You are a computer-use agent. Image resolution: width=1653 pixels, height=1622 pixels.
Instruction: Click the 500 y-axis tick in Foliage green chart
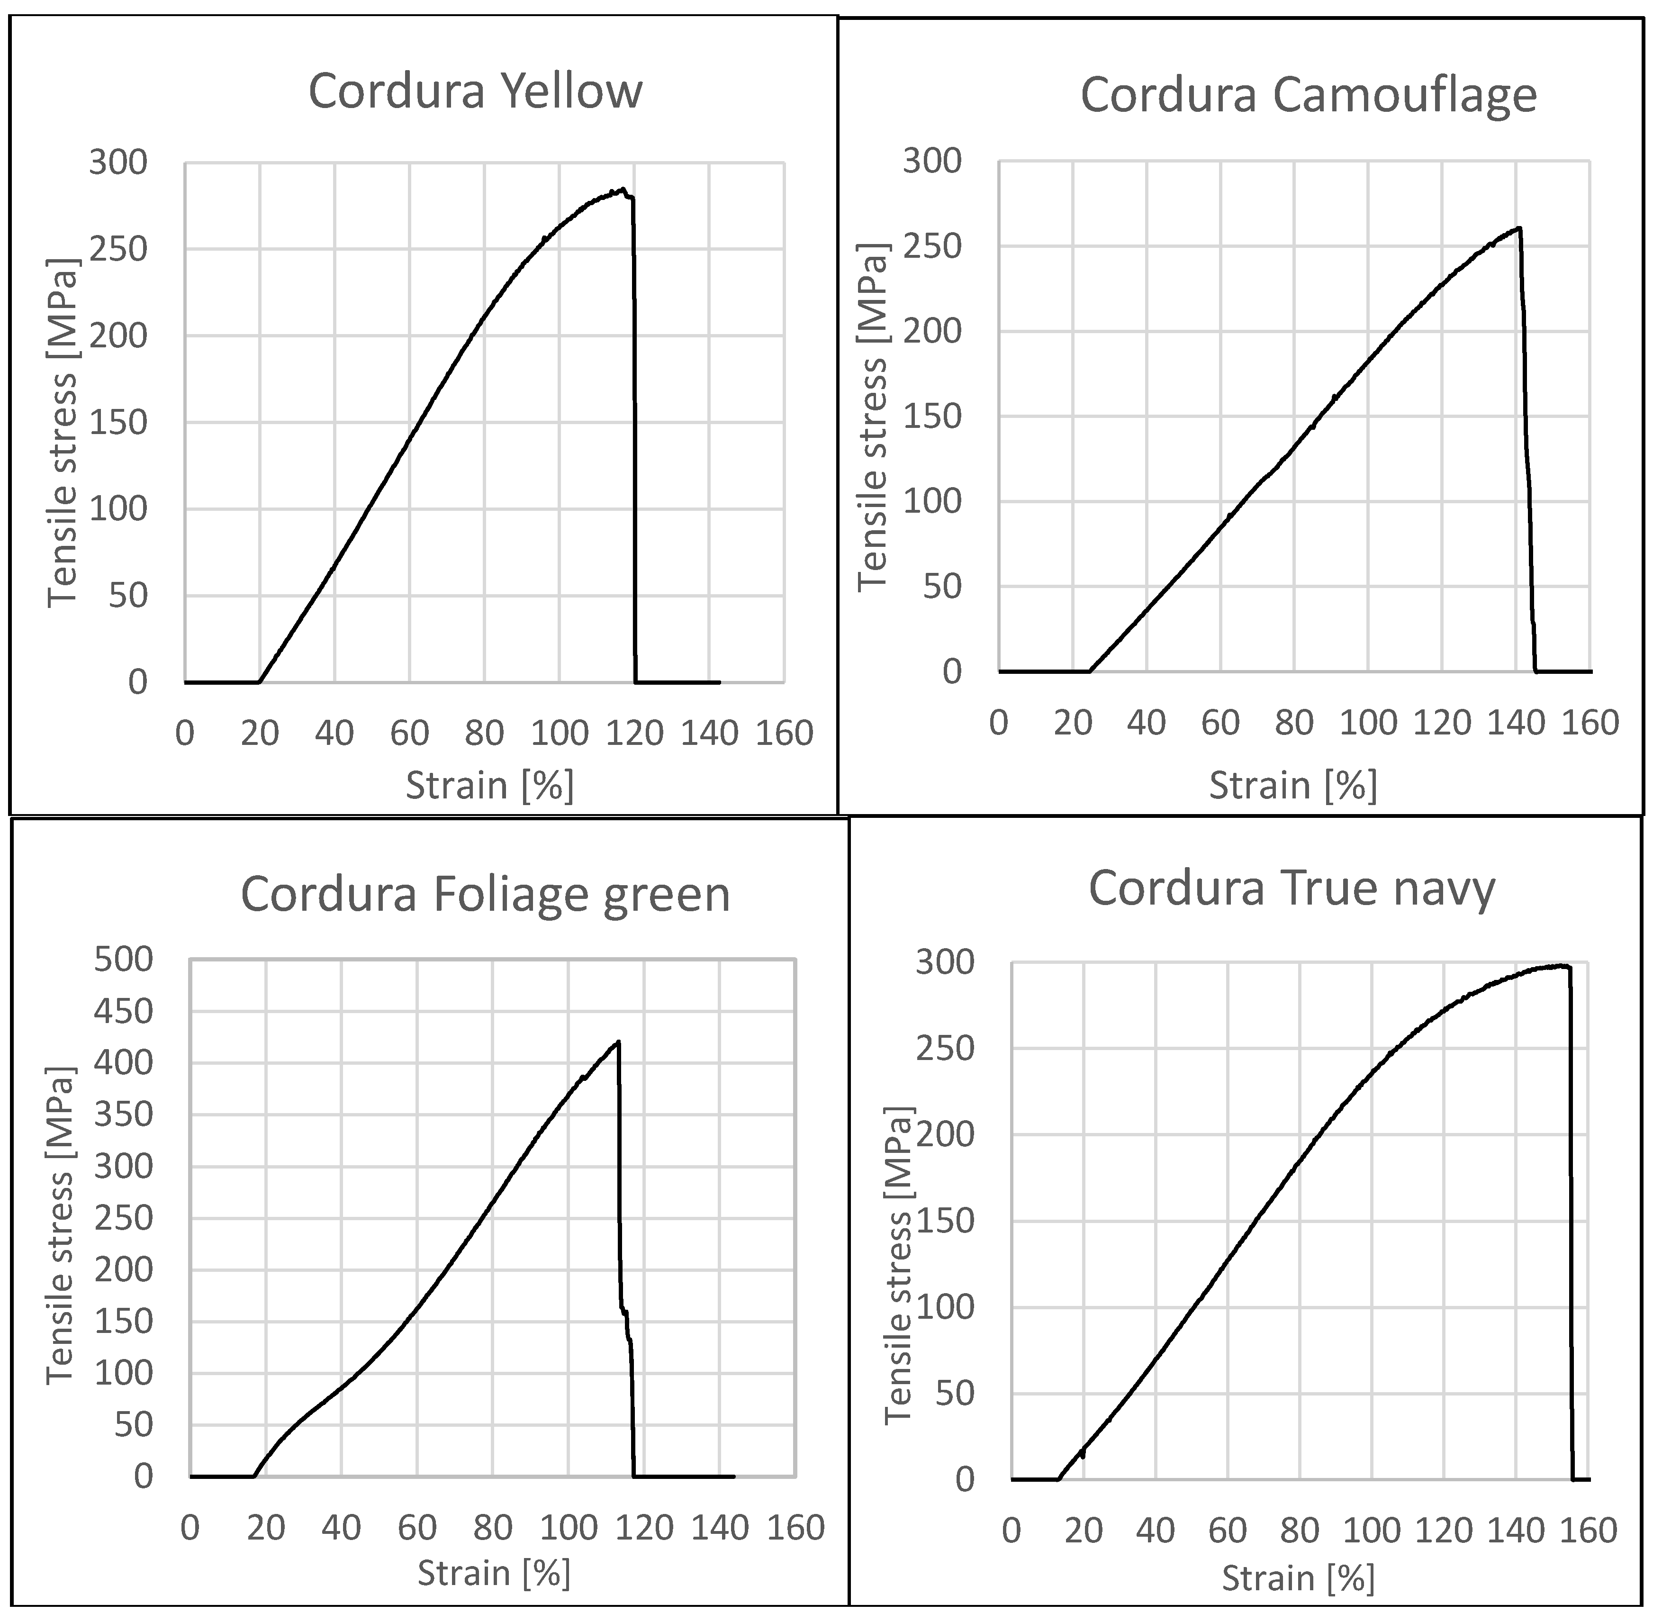tap(124, 960)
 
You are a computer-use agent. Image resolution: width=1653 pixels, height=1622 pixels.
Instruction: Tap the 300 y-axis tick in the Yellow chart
tap(117, 162)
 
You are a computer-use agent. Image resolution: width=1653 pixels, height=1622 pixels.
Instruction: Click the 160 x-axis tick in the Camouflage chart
tap(1589, 723)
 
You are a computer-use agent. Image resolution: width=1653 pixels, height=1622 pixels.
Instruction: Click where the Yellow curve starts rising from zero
tap(259, 681)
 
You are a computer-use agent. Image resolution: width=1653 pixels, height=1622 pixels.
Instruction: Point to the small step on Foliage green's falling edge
tap(624, 1313)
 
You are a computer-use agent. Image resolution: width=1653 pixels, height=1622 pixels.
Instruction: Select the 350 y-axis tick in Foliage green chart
tap(124, 1115)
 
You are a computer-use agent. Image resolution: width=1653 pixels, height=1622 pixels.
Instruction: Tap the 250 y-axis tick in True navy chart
tap(944, 1049)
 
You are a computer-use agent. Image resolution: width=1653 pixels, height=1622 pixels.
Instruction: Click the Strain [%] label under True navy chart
tap(1298, 1578)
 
